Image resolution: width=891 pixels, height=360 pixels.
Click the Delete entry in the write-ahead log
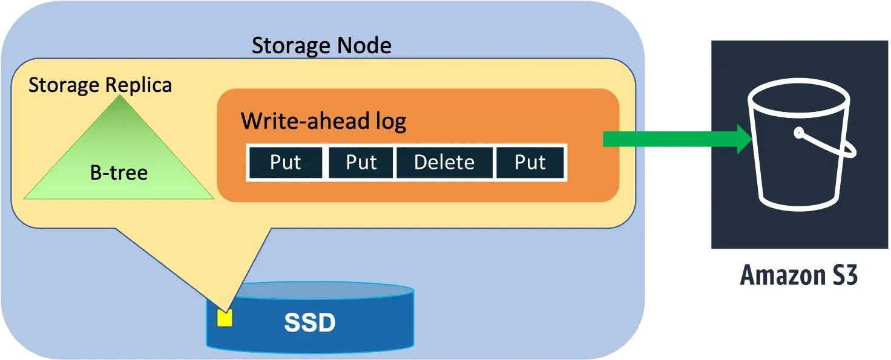(x=444, y=163)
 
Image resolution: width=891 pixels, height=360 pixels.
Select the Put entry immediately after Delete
(x=530, y=163)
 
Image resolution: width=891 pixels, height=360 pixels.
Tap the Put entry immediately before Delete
(x=361, y=163)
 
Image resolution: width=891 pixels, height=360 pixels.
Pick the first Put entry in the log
(x=285, y=163)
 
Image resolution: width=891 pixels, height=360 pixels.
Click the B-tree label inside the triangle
(x=119, y=173)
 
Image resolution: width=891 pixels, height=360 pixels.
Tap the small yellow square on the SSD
(x=225, y=318)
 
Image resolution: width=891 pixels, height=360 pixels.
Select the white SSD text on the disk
(x=310, y=323)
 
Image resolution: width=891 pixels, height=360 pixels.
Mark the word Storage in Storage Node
(x=282, y=45)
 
